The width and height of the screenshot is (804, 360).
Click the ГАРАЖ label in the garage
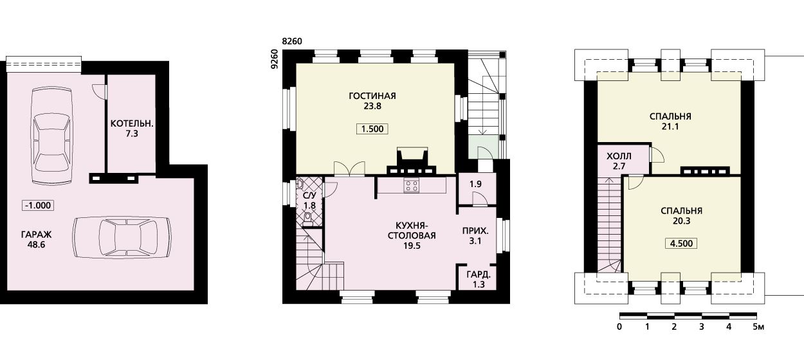36,235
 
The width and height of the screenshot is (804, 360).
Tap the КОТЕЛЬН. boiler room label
132,123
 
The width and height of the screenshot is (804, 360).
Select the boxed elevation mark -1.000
38,206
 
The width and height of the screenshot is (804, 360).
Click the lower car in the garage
122,237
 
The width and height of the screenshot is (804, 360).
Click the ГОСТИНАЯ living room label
372,96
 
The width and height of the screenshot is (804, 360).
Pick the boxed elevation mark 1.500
372,129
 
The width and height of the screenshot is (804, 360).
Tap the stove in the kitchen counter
412,186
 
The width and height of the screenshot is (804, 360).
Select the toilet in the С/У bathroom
307,219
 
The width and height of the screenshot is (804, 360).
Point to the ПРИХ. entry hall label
475,231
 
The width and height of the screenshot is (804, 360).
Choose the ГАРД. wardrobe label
479,275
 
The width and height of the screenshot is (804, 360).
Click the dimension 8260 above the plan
292,42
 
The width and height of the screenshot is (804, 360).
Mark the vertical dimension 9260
275,59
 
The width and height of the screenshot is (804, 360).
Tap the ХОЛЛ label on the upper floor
619,156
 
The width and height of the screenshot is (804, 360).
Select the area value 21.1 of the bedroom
670,127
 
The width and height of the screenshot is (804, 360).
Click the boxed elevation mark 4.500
682,244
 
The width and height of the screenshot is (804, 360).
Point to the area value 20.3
682,221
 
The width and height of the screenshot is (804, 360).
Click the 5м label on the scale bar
758,327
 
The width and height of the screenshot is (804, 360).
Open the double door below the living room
349,168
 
